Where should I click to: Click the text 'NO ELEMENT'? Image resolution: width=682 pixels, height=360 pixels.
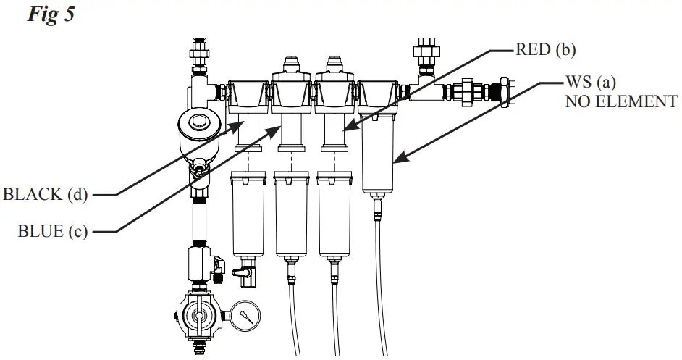(621, 101)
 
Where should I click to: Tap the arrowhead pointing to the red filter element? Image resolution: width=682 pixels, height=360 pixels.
(348, 127)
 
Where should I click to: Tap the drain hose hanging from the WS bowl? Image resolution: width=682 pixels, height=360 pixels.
(381, 282)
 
